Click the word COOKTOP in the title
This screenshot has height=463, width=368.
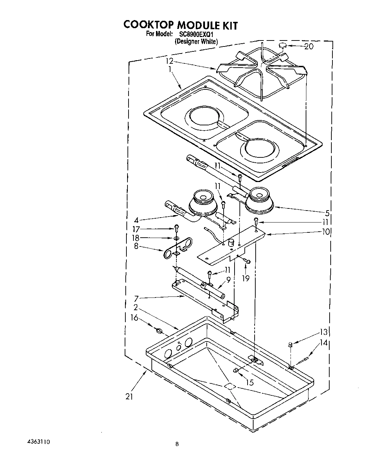tap(148, 25)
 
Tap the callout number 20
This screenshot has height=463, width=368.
tap(308, 46)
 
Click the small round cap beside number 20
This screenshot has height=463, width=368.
tap(282, 45)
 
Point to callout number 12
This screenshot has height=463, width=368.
tap(170, 61)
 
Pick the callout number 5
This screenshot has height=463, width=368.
tap(327, 213)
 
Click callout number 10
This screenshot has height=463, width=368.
tap(326, 231)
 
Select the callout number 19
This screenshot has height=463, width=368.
tap(245, 278)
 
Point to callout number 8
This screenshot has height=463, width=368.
tap(136, 246)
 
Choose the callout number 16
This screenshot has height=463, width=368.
tap(134, 318)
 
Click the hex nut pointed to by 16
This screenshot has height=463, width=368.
tap(158, 330)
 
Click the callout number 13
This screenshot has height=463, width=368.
tap(324, 332)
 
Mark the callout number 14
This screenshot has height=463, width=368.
tap(324, 343)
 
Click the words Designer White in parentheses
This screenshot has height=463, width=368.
tap(196, 41)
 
